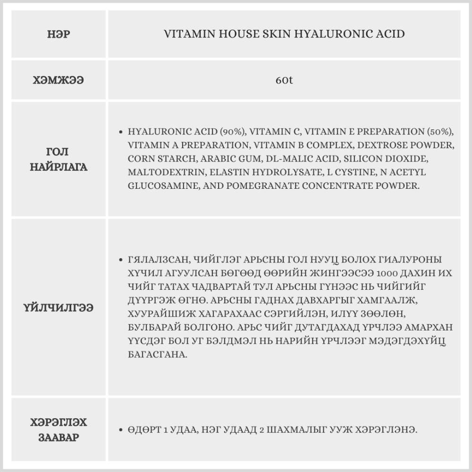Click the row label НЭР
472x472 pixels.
pyautogui.click(x=59, y=34)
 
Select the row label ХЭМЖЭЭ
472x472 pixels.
pyautogui.click(x=59, y=80)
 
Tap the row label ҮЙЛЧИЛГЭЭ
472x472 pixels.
pyautogui.click(x=59, y=308)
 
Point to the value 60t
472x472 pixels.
pyautogui.click(x=284, y=80)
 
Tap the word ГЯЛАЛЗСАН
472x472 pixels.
pyautogui.click(x=157, y=260)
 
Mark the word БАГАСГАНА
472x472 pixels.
pyautogui.click(x=158, y=354)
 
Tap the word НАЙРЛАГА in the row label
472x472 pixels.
pyautogui.click(x=59, y=167)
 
